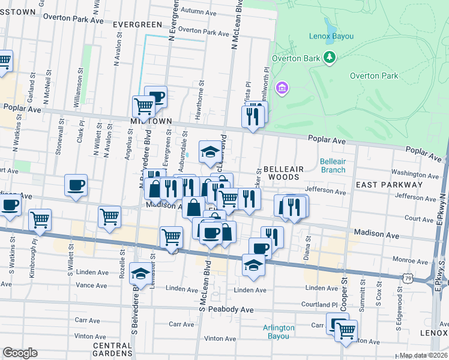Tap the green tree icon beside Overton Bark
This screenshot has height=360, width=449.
(329, 58)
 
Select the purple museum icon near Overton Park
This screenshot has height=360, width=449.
(282, 89)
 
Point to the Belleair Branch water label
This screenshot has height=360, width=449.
(332, 166)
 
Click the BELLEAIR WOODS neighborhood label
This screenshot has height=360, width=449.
(281, 173)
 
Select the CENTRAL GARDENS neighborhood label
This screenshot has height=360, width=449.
(112, 349)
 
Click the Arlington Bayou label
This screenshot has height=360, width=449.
(279, 332)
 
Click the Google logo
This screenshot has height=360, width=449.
(20, 353)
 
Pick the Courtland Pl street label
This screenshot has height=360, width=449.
(321, 305)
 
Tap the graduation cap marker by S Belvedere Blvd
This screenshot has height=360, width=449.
(140, 274)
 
